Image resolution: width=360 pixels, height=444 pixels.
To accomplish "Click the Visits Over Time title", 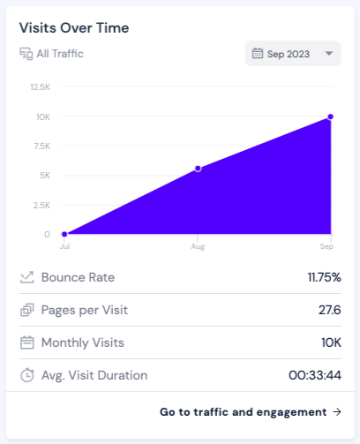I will (74, 27).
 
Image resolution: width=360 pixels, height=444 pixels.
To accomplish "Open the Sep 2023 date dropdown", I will (292, 54).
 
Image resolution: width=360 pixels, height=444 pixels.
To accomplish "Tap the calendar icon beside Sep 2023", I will (257, 54).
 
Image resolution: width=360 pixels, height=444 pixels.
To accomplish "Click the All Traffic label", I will (60, 54).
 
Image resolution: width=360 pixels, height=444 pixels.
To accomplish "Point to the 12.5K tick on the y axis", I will (39, 87).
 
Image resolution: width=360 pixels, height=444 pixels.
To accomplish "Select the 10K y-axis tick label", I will (42, 117).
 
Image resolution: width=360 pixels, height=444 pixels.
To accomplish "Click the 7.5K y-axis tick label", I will (41, 146).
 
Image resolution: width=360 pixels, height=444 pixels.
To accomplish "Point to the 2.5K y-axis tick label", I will (41, 205).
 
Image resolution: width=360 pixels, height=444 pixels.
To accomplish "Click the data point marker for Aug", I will (198, 168).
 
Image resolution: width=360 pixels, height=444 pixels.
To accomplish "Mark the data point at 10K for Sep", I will (330, 117).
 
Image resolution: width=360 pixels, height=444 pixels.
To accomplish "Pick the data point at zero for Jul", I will (64, 234).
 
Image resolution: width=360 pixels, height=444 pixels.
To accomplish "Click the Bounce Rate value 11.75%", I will (324, 277).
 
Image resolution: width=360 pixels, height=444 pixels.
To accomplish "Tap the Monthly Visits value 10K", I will (331, 342).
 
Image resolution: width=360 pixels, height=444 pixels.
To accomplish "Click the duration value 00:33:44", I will (315, 375).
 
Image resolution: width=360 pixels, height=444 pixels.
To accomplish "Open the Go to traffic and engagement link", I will (251, 411).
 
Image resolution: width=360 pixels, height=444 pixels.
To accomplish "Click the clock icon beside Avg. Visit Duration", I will (27, 375).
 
